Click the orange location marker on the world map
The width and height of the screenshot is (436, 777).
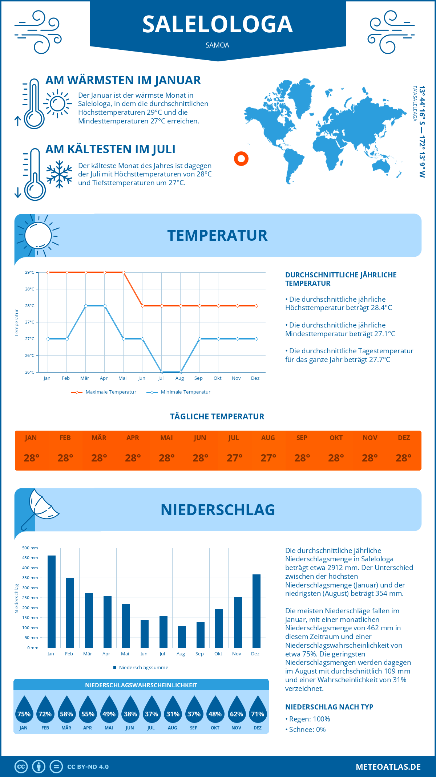pos(241,159)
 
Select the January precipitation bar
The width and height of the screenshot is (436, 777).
pos(52,602)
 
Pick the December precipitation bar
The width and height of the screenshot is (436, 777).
pos(257,611)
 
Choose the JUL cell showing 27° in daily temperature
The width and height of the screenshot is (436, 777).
pos(234,458)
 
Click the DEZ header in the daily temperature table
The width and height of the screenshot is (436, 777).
pos(404,438)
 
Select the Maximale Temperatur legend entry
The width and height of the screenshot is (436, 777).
pos(104,392)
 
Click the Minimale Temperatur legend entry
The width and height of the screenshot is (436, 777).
pos(179,392)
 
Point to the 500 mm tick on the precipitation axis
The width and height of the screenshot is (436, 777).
pos(31,548)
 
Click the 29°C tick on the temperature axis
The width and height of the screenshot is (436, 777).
pos(30,272)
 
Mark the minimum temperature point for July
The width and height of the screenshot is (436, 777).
pos(162,372)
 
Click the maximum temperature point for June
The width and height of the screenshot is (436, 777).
pos(143,306)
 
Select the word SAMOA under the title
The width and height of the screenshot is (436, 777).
pos(217,45)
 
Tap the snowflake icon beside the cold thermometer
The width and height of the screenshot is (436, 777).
pos(59,174)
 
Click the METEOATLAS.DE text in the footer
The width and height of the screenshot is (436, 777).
pos(388,767)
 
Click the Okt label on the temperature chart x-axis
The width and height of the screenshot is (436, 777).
pos(217,378)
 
